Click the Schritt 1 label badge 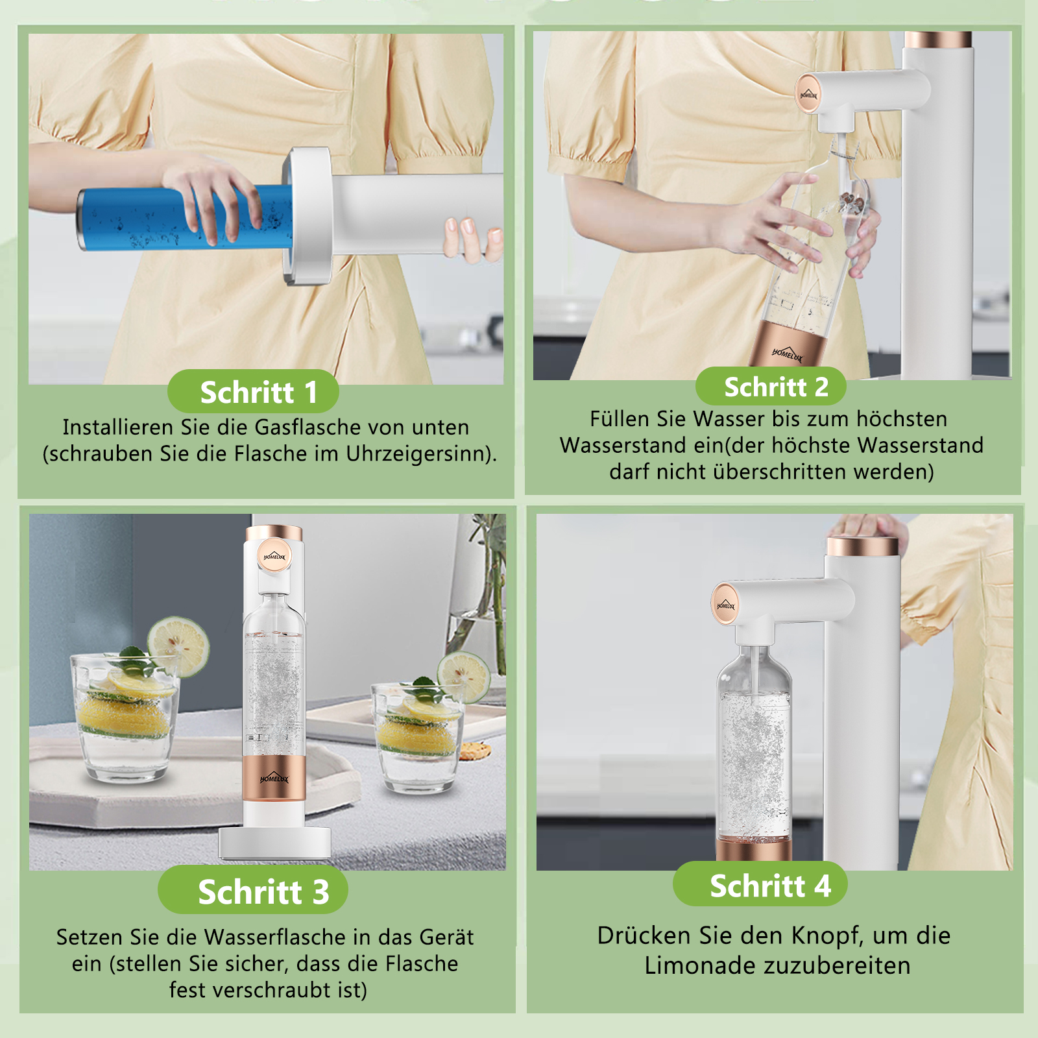click(253, 391)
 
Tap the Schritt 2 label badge click(771, 387)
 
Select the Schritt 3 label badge click(253, 890)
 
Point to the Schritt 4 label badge click(760, 884)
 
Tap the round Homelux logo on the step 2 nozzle click(808, 95)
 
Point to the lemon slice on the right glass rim click(463, 677)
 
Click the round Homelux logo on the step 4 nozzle click(725, 605)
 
